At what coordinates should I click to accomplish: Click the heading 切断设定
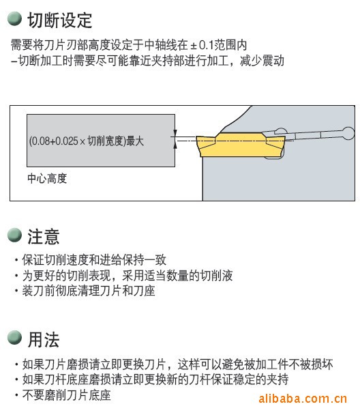coord(60,20)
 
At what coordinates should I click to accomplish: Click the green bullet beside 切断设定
coord(14,19)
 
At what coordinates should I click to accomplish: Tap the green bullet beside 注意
coord(14,235)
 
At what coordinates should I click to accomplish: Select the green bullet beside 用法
coord(14,338)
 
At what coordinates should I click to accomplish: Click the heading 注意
coord(44,237)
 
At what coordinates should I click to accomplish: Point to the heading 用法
coord(44,339)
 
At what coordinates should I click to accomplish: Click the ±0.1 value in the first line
coord(202,45)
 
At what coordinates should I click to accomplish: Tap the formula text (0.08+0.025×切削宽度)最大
coord(87,141)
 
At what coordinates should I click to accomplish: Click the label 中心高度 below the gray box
coord(47,178)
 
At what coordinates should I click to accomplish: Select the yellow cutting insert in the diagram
coord(241,145)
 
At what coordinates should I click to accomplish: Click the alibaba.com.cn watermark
coord(303,399)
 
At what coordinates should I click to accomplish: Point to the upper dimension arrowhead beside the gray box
coord(175,133)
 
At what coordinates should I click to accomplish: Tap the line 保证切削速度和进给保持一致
coord(94,260)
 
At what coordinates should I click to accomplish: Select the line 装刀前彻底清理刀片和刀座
coord(89,291)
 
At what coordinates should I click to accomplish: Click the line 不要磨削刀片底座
coord(66,395)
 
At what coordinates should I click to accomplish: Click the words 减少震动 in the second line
coord(262,61)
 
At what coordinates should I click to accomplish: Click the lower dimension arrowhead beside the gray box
coord(175,145)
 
